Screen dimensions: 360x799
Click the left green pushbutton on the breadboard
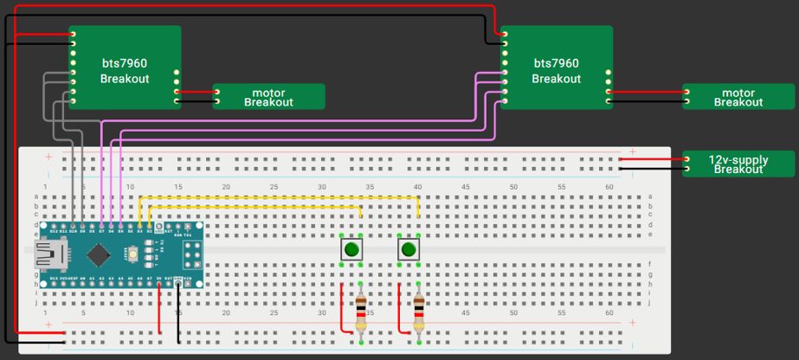[x=351, y=250]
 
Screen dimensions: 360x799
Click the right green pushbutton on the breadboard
[x=409, y=250]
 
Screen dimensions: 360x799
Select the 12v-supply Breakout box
[x=738, y=164]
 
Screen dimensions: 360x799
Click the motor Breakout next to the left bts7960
[x=268, y=97]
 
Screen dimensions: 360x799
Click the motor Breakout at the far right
[x=738, y=97]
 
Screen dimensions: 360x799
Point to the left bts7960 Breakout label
[x=125, y=70]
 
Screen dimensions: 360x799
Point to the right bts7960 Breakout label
[x=556, y=70]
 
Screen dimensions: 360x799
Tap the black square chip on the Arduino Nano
[x=100, y=254]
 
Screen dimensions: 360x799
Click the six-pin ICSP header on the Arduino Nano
[x=196, y=253]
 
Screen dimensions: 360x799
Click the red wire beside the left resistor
[x=343, y=312]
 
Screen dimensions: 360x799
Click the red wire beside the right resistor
[x=400, y=312]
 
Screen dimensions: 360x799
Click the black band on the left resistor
[x=361, y=306]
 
